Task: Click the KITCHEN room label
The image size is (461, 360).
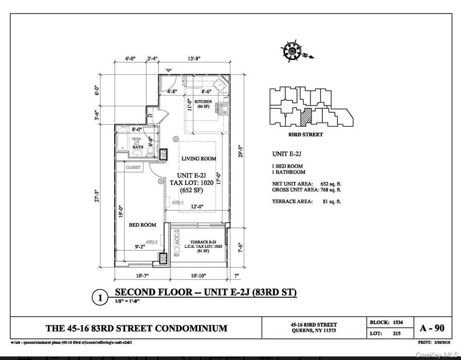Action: coord(203,102)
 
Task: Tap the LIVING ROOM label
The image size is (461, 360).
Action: coord(199,159)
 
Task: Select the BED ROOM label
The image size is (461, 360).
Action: coord(142,224)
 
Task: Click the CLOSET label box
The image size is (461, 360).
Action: coord(133,167)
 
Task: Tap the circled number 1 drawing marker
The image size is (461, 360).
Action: coord(99,297)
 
